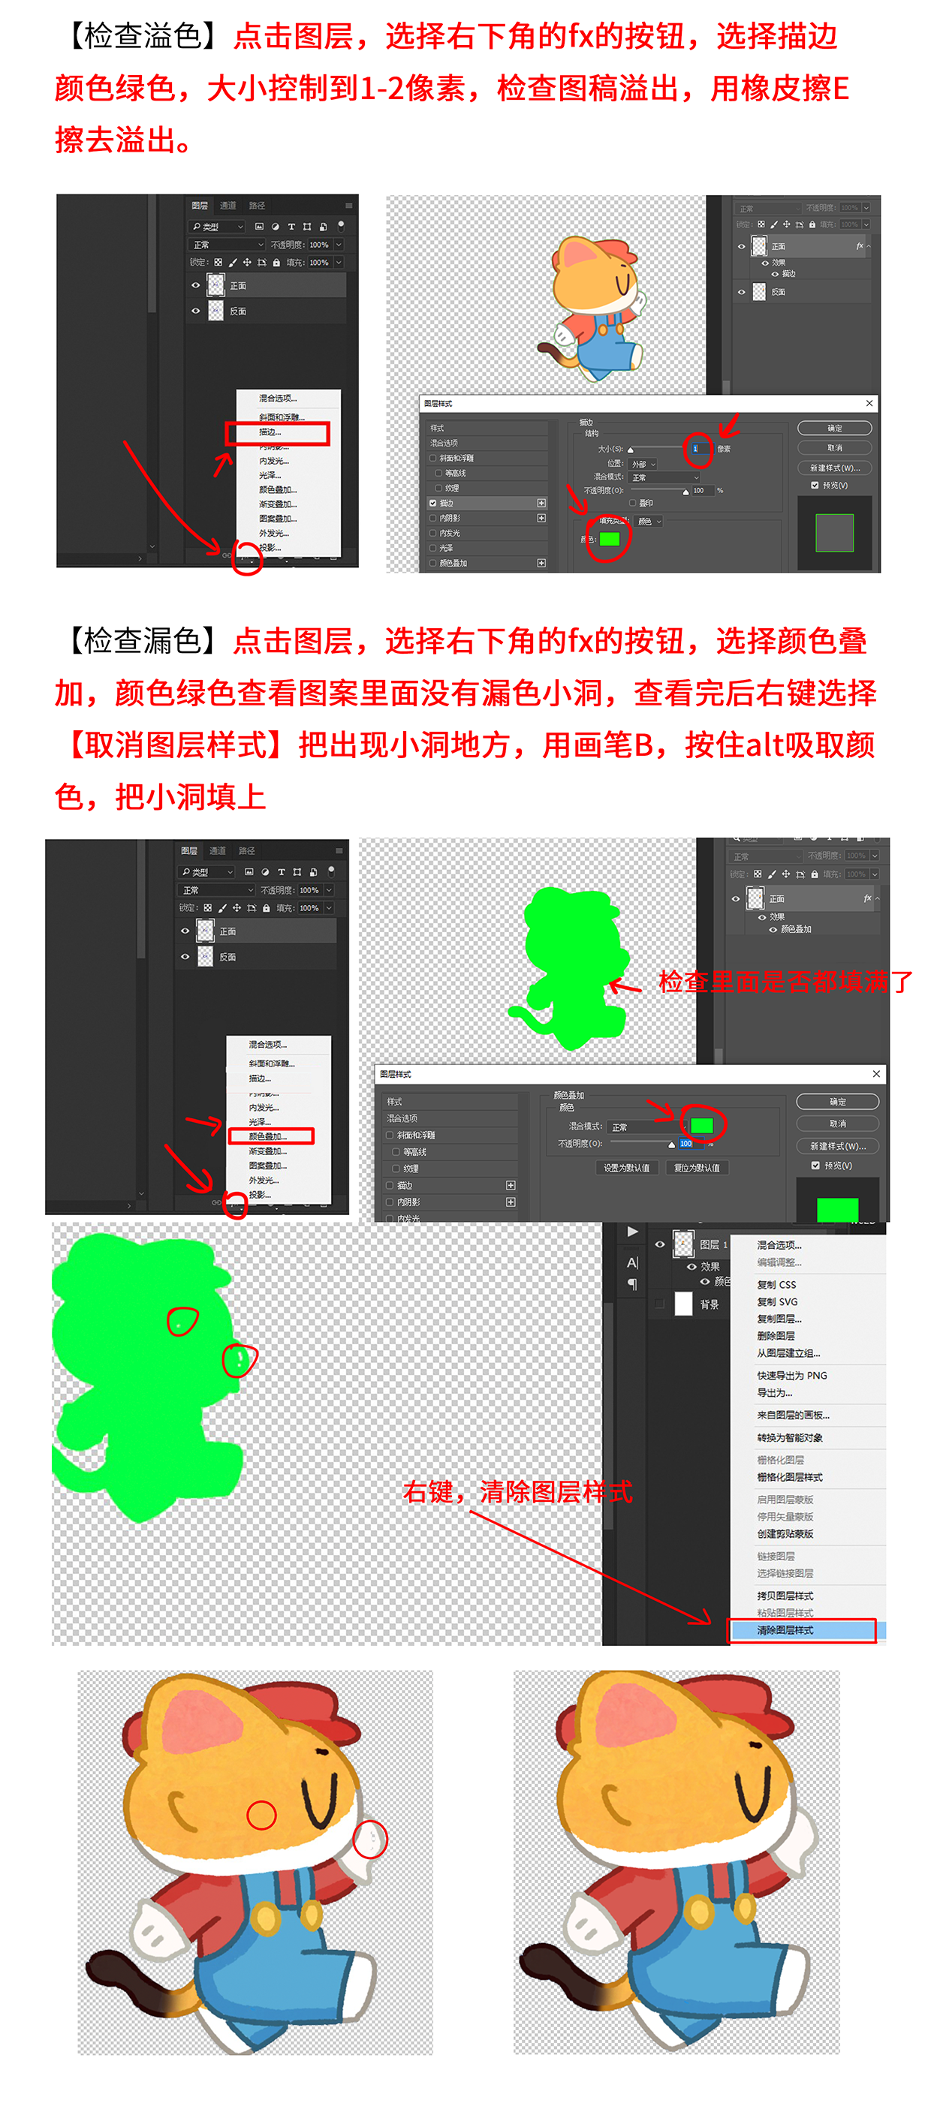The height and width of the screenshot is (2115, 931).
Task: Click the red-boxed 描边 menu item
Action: coord(277,433)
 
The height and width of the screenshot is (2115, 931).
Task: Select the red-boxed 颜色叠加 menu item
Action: coord(270,1136)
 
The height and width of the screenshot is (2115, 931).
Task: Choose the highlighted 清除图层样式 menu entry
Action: coord(800,1629)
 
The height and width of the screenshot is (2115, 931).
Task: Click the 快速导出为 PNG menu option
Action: coord(791,1375)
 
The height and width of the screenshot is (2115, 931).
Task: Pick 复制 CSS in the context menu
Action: coord(776,1284)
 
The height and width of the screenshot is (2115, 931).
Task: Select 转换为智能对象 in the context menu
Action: coord(789,1437)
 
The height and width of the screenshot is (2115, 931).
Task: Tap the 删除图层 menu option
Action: coord(775,1336)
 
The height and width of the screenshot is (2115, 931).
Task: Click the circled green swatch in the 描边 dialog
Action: coord(608,539)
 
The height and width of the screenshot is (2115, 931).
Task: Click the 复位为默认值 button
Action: coord(696,1168)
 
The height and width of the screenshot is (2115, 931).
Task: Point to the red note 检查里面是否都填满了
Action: coord(785,981)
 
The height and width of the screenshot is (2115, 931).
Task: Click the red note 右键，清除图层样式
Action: coord(517,1491)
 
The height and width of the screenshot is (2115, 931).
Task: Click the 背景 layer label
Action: coord(710,1304)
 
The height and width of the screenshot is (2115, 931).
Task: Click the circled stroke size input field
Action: coord(696,448)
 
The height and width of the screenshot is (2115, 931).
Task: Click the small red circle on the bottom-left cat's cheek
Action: coord(261,1816)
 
